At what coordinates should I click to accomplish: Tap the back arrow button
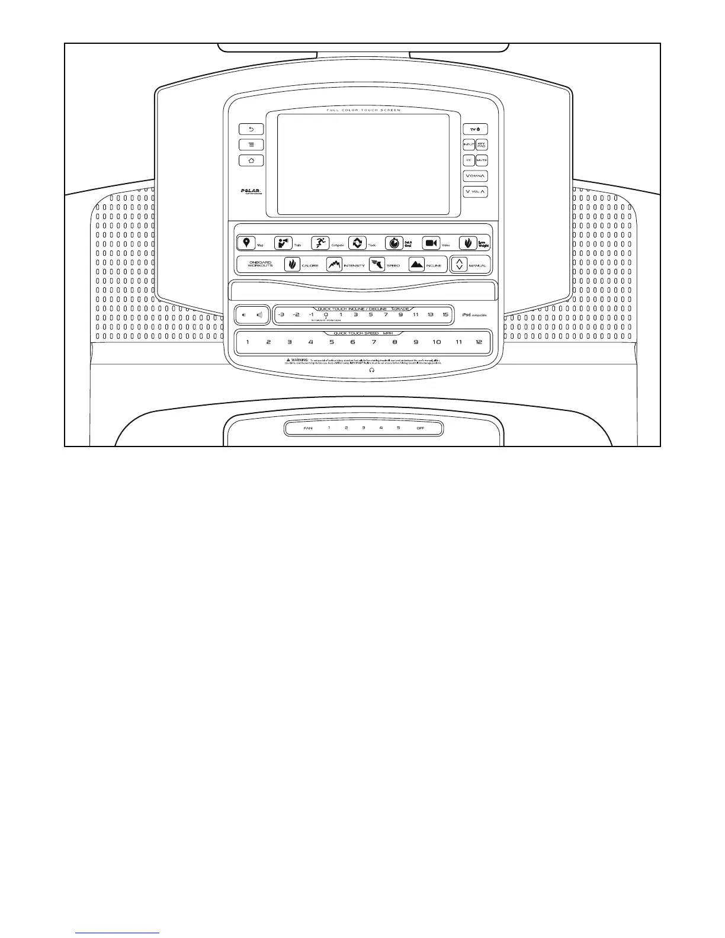[251, 129]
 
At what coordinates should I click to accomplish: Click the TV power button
[475, 129]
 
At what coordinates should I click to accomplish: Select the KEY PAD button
[482, 144]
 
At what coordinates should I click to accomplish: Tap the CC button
[469, 160]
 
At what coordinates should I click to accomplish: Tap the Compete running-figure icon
[320, 243]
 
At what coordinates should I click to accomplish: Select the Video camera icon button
[431, 243]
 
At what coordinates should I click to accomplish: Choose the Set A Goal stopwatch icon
[394, 243]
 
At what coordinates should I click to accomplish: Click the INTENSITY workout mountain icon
[334, 265]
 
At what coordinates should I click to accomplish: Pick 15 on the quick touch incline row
[445, 314]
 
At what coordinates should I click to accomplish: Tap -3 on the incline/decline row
[281, 314]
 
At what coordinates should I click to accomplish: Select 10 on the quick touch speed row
[437, 342]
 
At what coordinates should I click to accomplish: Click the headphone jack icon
[372, 370]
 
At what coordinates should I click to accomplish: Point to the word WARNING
[299, 360]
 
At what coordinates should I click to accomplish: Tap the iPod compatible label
[474, 314]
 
